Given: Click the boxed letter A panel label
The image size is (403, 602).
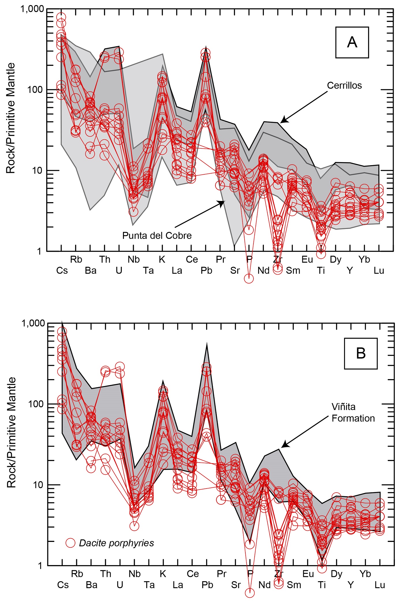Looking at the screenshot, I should tap(352, 42).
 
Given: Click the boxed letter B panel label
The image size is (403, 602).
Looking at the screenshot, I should tap(361, 353).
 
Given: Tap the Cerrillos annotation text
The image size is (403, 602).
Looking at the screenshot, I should tap(344, 85).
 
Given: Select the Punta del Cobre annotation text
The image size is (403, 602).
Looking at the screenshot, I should tap(157, 236).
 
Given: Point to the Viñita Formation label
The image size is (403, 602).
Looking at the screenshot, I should tap(353, 413).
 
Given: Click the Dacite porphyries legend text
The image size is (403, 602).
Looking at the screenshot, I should tap(116, 543).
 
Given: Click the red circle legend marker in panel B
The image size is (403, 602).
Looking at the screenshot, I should tap(70, 543).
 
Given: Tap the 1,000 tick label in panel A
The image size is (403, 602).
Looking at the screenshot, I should tap(32, 9).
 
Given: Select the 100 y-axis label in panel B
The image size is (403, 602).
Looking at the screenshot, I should tap(36, 404).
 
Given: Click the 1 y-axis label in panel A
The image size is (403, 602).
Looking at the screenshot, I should tap(39, 251).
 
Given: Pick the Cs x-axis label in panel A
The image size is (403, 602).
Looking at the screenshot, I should tap(62, 271).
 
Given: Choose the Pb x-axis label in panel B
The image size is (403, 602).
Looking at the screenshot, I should tap(207, 585).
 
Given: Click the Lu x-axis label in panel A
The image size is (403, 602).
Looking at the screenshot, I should tap(379, 271).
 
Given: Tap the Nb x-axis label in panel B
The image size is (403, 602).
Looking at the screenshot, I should tap(135, 574).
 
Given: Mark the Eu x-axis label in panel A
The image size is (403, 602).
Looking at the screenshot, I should tap(307, 260).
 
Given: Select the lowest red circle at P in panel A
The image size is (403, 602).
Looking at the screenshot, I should tap(249, 279).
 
